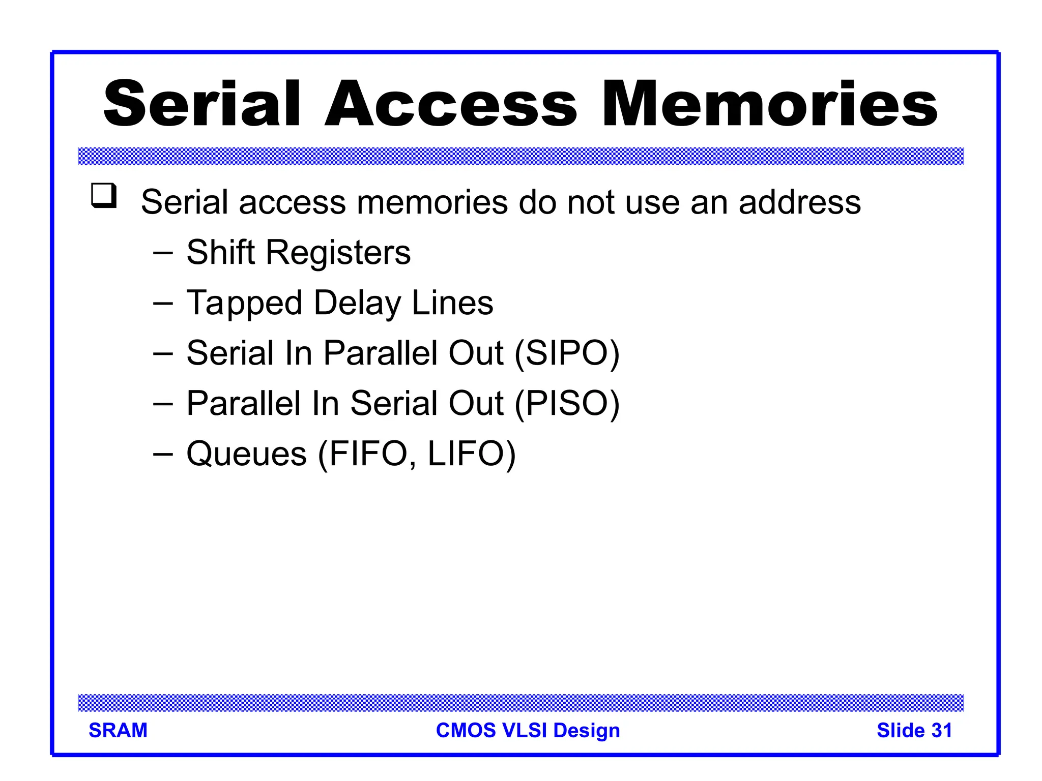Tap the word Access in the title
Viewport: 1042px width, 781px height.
(x=451, y=104)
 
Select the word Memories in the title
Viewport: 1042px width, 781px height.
(x=769, y=104)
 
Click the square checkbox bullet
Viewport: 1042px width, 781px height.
(x=104, y=196)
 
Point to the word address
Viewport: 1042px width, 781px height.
(x=799, y=202)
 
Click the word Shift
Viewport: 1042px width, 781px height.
(x=220, y=252)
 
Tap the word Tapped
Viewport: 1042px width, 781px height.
(x=245, y=304)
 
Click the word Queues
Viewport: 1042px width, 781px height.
(x=246, y=454)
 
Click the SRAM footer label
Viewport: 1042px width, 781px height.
(x=118, y=730)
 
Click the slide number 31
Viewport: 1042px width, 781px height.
(x=942, y=730)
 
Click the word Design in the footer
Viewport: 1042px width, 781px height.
(x=587, y=730)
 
